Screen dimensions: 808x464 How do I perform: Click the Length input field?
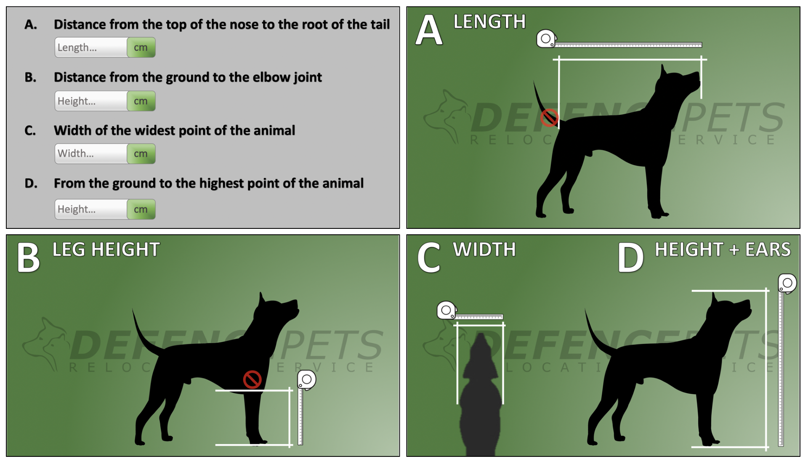point(91,48)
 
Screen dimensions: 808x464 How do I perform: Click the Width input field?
point(91,154)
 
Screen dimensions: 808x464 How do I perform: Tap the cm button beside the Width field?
point(141,154)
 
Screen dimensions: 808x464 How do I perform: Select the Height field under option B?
point(91,101)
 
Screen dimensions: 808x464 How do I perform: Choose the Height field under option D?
point(91,209)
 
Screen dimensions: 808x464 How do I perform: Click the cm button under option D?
point(141,209)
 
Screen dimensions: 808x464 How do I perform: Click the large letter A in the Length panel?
point(429,30)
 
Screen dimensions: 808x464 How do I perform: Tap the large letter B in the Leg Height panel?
point(28,258)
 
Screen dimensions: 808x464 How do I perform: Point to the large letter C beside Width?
point(429,258)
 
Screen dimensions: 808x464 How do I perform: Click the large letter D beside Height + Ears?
point(630,258)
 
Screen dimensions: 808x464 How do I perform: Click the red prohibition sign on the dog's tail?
point(549,118)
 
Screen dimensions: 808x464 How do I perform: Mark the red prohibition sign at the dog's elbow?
point(252,379)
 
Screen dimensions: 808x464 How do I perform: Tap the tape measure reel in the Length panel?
point(546,39)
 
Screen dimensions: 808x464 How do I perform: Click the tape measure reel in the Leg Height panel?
point(307,380)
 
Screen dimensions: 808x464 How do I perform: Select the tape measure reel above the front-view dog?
point(447,310)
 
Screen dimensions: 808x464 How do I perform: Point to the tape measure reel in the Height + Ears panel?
point(787,284)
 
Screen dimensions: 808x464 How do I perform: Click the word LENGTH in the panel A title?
point(489,22)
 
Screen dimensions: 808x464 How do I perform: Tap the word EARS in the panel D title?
point(768,250)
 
